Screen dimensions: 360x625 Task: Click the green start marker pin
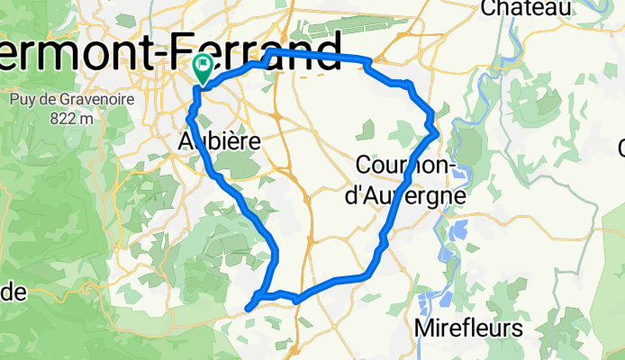click(x=202, y=66)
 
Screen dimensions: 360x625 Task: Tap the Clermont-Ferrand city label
click(x=171, y=49)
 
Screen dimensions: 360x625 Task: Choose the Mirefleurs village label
click(x=468, y=329)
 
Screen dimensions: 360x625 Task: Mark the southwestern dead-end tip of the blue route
click(x=247, y=310)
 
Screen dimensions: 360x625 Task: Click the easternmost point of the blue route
click(x=437, y=131)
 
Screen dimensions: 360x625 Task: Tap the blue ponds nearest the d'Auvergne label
click(x=455, y=229)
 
